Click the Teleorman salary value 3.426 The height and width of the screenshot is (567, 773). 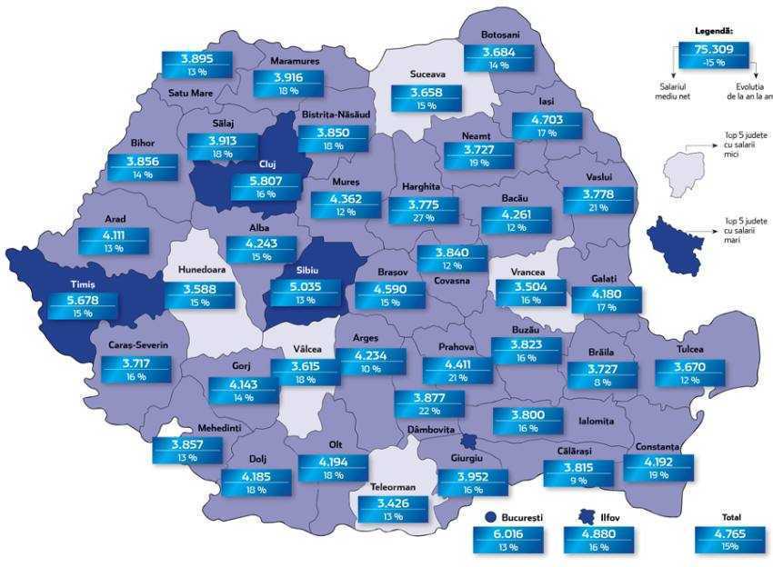click(386, 503)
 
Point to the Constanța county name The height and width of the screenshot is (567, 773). click(658, 447)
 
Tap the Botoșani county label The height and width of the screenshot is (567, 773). click(500, 35)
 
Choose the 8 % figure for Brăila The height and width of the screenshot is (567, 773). click(603, 383)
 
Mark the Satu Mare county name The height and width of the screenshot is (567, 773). click(190, 93)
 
